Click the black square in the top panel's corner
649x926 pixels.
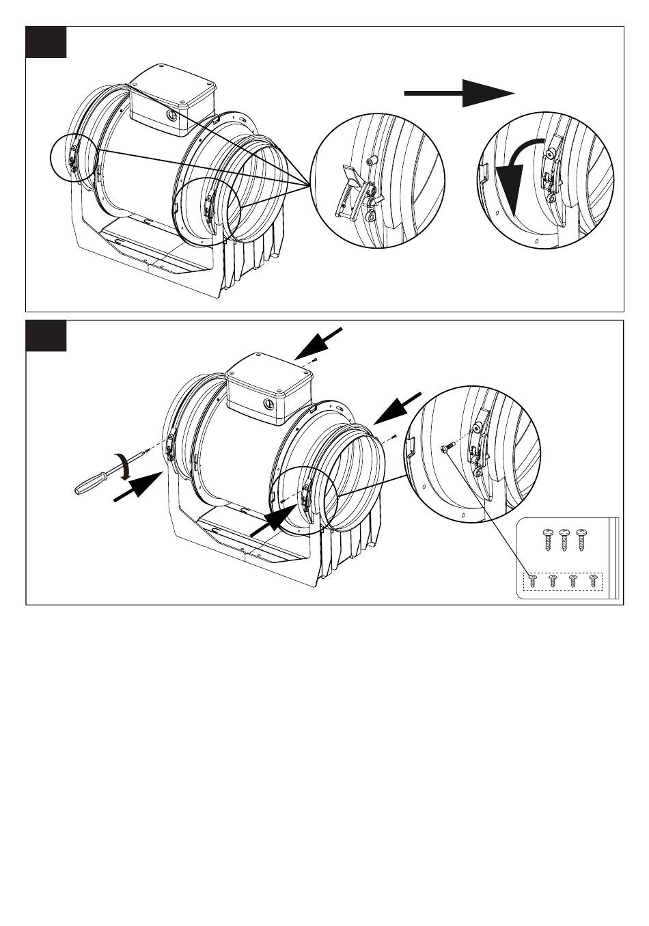tap(46, 42)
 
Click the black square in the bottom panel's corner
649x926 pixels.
tap(46, 336)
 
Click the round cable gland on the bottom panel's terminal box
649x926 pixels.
tap(269, 405)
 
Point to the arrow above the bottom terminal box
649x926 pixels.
tap(318, 343)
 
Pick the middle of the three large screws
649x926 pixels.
tap(564, 539)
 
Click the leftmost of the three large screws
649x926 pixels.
tap(547, 539)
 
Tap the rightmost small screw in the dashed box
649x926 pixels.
tap(592, 581)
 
